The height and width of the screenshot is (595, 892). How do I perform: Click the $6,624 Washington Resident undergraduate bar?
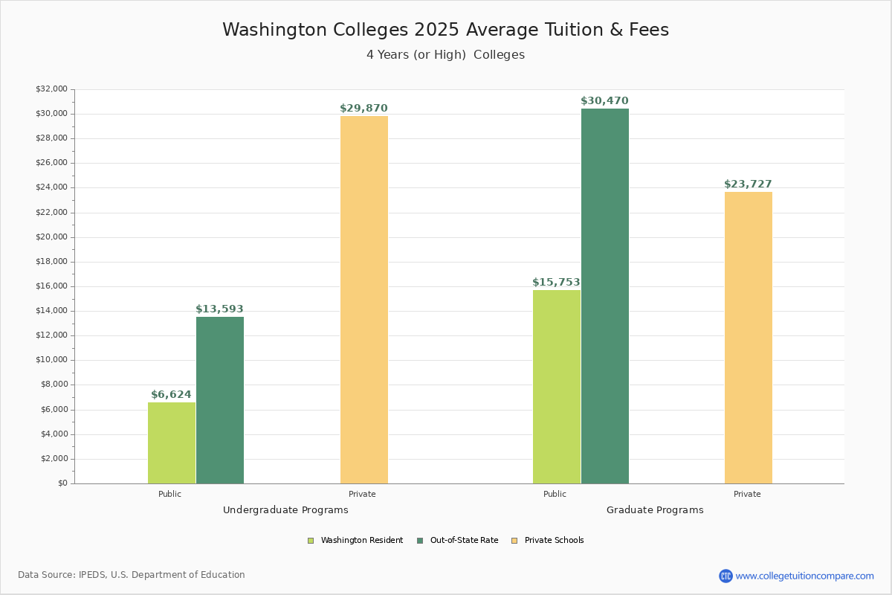point(172,443)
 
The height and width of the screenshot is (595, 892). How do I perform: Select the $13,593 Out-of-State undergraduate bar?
point(220,400)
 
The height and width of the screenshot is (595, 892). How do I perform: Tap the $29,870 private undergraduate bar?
point(364,300)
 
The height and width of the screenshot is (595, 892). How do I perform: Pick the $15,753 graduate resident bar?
point(557,387)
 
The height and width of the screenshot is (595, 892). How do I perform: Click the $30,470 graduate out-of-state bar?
point(605,296)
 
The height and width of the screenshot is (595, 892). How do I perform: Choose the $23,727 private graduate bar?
point(749,338)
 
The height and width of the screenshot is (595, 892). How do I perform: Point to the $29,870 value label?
point(363,109)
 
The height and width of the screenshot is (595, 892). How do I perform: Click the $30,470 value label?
point(604,101)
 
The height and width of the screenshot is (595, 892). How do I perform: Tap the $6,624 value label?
point(171,395)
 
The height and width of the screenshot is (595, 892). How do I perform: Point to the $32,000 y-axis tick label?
point(51,89)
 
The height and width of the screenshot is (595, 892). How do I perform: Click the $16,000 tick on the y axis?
point(51,286)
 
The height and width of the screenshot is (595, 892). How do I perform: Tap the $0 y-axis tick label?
point(62,483)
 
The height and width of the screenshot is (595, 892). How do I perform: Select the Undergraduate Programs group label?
point(285,510)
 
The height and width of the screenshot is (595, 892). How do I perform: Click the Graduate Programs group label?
point(655,510)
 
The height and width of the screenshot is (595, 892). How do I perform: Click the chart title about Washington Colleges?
point(445,30)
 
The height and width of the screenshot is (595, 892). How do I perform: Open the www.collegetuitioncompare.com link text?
point(804,576)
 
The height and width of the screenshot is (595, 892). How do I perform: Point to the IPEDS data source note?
point(132,575)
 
